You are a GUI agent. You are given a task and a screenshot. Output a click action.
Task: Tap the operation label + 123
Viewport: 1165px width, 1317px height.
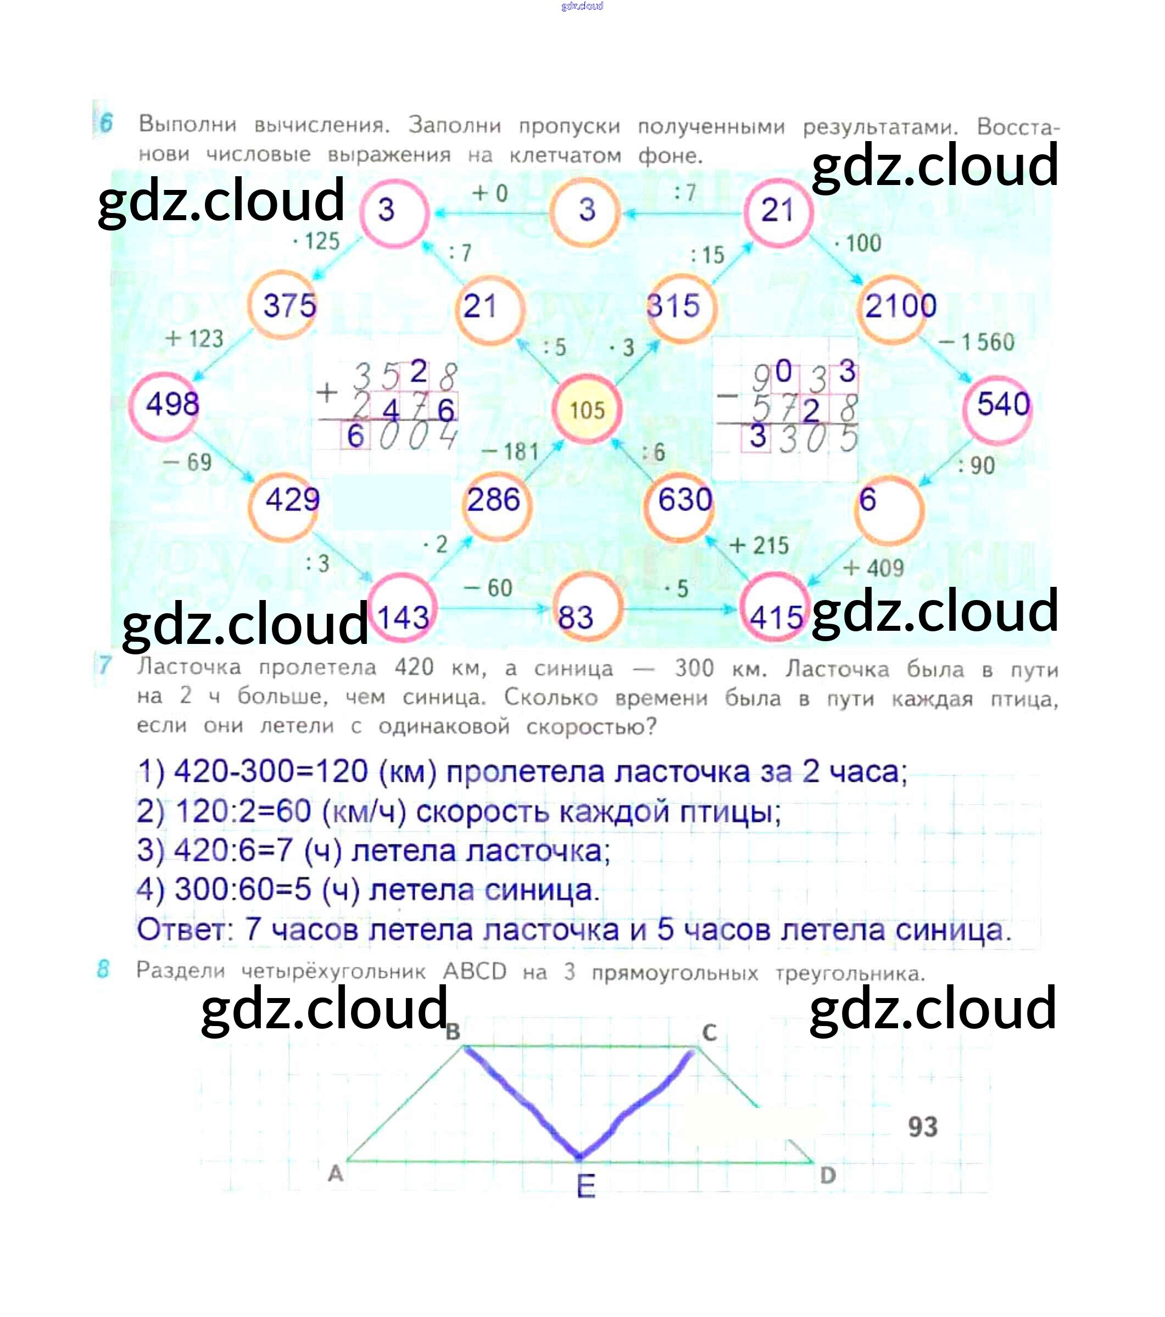click(x=194, y=338)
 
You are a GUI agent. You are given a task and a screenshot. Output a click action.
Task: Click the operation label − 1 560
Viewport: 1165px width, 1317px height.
click(x=976, y=342)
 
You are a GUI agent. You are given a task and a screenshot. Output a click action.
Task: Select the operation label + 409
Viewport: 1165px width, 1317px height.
click(x=873, y=568)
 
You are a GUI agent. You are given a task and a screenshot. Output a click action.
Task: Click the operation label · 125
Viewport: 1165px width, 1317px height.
click(x=316, y=242)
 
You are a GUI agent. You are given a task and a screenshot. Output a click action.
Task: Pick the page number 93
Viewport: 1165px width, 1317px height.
click(x=923, y=1127)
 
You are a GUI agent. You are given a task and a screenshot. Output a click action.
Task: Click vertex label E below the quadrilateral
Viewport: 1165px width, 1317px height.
click(x=586, y=1186)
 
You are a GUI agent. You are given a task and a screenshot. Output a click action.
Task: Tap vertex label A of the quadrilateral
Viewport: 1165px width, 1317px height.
click(x=335, y=1173)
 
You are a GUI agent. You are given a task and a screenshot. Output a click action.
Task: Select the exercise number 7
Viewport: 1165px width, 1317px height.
click(x=104, y=665)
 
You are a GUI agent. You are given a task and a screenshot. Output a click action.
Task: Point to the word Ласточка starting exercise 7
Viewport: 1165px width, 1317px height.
click(x=189, y=668)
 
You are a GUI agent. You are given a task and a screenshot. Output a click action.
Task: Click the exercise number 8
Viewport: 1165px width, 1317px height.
click(x=103, y=969)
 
